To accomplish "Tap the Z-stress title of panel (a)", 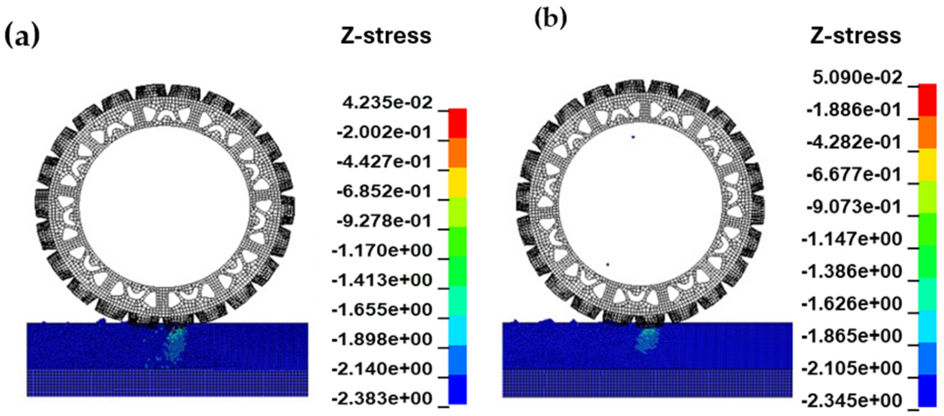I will (386, 36).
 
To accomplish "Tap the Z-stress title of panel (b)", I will (855, 36).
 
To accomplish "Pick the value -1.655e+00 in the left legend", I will (382, 310).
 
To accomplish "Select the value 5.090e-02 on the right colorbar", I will (857, 78).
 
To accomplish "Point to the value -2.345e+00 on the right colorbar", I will (851, 401).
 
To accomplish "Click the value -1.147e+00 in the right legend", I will (851, 239).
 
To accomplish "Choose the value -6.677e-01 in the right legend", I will (854, 175).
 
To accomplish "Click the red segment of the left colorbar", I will (457, 123).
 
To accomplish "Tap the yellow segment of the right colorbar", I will (927, 165).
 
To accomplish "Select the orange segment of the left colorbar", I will (457, 153).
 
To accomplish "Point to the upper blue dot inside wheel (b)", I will (633, 137).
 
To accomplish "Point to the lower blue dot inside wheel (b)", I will (608, 264).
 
